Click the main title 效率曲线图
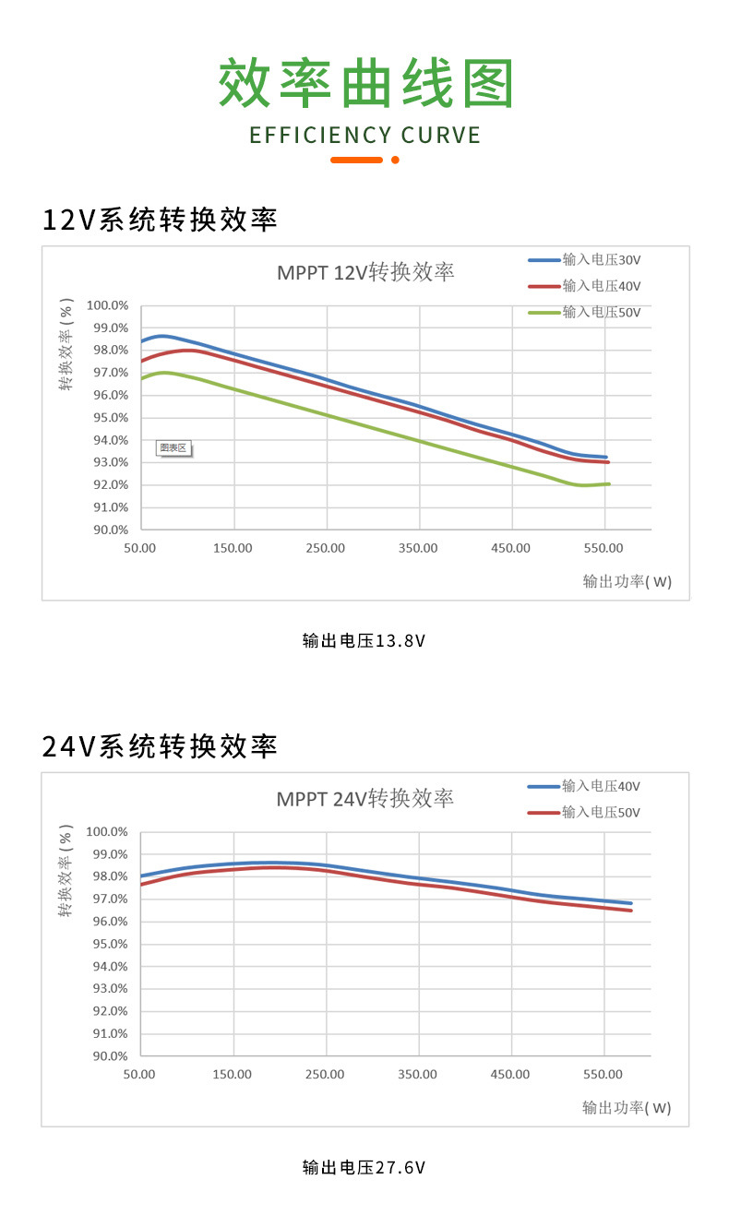coord(365,84)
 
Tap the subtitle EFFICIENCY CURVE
coord(365,136)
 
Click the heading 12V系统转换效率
coord(160,220)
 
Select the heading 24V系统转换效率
coord(160,745)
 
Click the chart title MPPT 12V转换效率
coord(365,272)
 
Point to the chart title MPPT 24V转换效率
coord(365,798)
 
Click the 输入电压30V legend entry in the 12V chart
coord(601,260)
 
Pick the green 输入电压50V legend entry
coord(601,312)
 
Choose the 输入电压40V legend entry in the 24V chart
coord(601,786)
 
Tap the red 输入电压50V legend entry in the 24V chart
coord(601,812)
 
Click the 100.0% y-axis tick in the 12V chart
coord(107,305)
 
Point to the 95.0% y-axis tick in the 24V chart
coord(107,944)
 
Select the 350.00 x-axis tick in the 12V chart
coord(418,548)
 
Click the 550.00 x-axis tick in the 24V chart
coord(604,1074)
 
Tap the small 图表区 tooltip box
coord(173,448)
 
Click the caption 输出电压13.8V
coord(364,640)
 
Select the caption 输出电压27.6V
coord(364,1167)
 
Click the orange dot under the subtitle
coord(395,160)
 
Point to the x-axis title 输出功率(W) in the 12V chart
coord(627,581)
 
